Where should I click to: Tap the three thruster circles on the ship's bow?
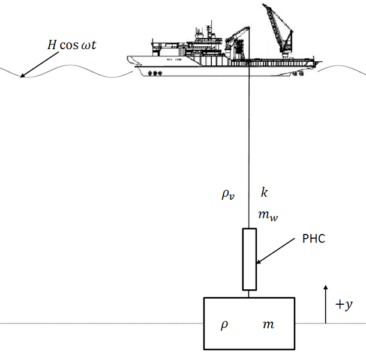click(x=155, y=73)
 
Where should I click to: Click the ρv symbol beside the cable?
click(x=229, y=195)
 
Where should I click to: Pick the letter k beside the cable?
click(x=264, y=193)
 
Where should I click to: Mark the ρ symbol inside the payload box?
click(x=223, y=325)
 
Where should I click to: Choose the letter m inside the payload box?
click(x=268, y=325)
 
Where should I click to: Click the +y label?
click(x=344, y=305)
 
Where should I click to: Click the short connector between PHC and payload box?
click(x=248, y=293)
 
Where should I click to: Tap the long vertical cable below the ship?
click(x=248, y=150)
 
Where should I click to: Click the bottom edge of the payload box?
click(x=249, y=349)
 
